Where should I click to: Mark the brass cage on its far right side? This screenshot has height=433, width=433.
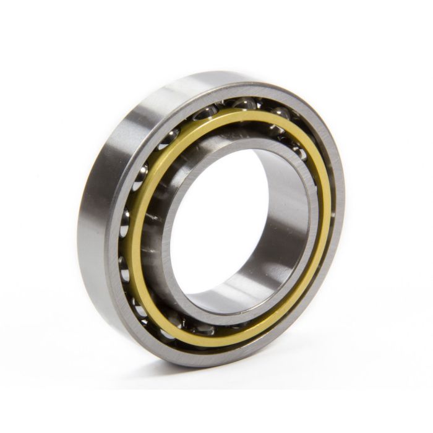coord(325,204)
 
